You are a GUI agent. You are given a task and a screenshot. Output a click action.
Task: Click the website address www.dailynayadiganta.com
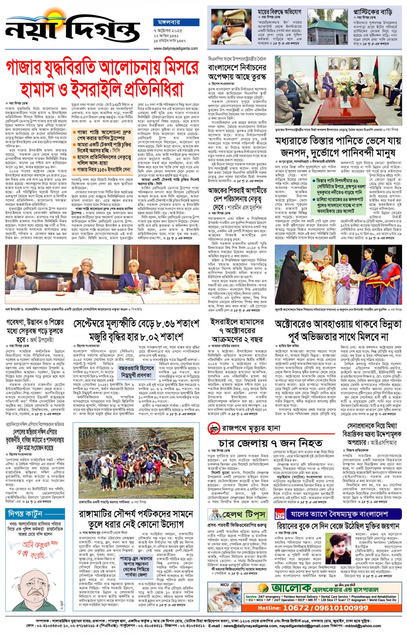pos(175,49)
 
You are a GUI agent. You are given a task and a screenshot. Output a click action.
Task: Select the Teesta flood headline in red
pos(338,146)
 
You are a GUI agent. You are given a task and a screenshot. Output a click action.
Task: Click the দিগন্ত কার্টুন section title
pos(25,514)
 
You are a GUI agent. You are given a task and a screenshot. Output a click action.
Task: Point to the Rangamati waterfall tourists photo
pos(136,457)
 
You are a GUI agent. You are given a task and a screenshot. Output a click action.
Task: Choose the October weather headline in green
pos(338,330)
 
